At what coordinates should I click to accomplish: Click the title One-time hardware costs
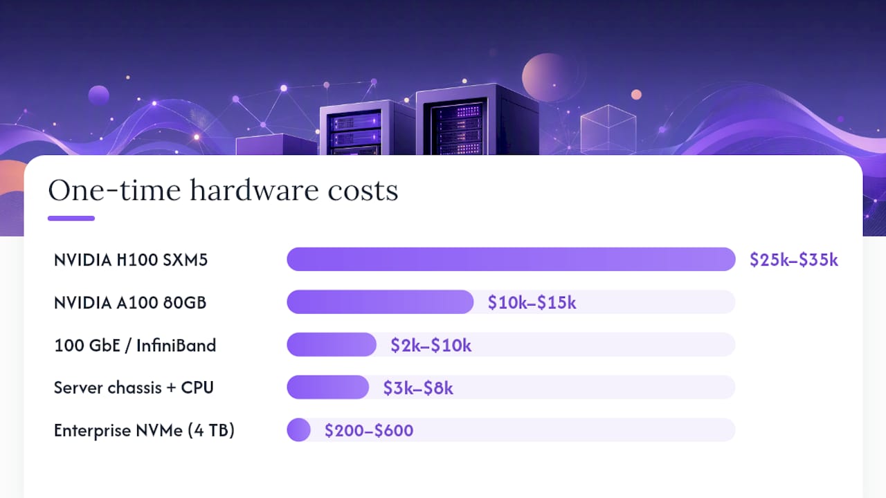223,190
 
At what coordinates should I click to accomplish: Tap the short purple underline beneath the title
71,218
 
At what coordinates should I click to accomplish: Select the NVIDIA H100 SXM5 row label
131,259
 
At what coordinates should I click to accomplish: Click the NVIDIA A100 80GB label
130,302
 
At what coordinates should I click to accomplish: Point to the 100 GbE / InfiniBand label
135,345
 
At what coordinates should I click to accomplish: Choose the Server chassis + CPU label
134,387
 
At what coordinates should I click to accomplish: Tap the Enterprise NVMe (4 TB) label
144,430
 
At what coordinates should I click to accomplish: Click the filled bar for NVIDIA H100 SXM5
511,259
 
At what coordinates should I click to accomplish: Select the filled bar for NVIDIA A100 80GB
380,302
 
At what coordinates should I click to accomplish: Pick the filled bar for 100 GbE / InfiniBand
332,344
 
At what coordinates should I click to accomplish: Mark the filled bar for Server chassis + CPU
328,387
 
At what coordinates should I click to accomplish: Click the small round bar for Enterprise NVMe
298,430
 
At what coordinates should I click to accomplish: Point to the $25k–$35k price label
794,259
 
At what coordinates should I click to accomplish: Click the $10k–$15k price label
532,302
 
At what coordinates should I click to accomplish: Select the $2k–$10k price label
431,345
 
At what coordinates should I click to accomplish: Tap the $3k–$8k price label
418,388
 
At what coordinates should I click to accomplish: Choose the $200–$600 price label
369,430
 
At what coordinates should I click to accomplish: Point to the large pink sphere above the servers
548,77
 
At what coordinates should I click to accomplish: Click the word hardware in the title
254,190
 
